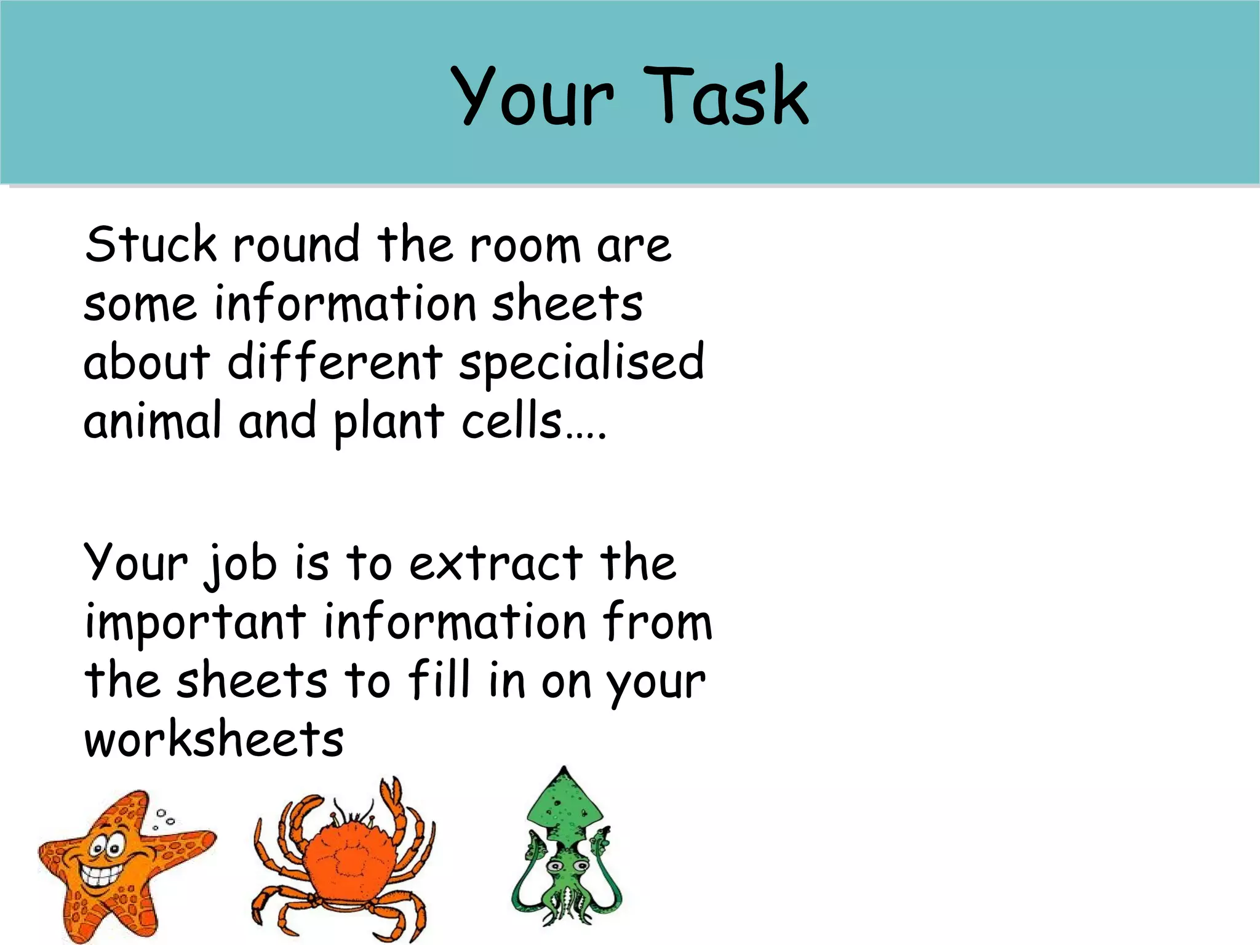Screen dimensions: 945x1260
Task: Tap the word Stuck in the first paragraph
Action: [x=151, y=244]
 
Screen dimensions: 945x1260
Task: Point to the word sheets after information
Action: [x=567, y=303]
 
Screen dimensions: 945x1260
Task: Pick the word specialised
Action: [x=581, y=363]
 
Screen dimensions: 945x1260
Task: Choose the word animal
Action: [x=152, y=421]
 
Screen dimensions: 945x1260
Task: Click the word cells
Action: [x=512, y=421]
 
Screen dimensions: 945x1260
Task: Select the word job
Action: [x=241, y=564]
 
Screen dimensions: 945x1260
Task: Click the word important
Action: [x=195, y=623]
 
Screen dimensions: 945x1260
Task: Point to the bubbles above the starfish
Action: [x=164, y=818]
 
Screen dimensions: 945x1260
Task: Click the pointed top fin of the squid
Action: [x=564, y=776]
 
